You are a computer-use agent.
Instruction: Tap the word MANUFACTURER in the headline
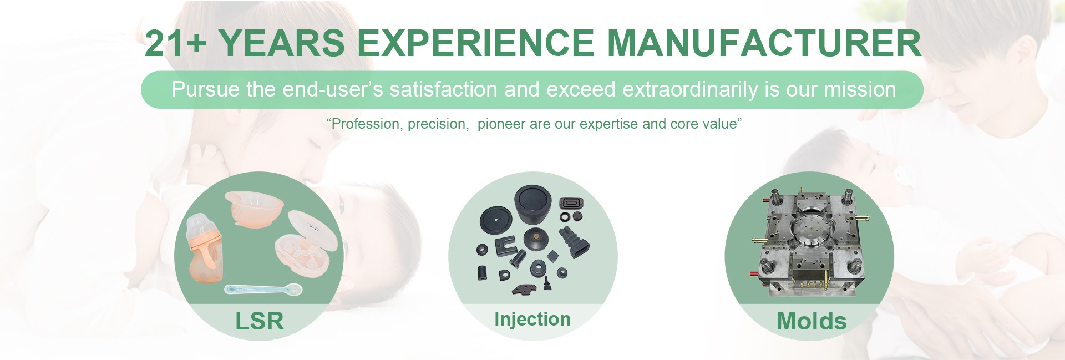tap(764, 43)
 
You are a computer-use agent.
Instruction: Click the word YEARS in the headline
tap(282, 43)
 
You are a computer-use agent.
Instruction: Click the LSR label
tap(259, 321)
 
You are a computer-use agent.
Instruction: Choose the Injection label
tap(532, 319)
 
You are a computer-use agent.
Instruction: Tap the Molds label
tap(811, 321)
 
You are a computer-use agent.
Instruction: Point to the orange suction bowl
tap(255, 208)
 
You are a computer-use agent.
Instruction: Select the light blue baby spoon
tap(263, 289)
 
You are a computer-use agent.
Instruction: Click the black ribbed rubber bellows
tap(574, 242)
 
